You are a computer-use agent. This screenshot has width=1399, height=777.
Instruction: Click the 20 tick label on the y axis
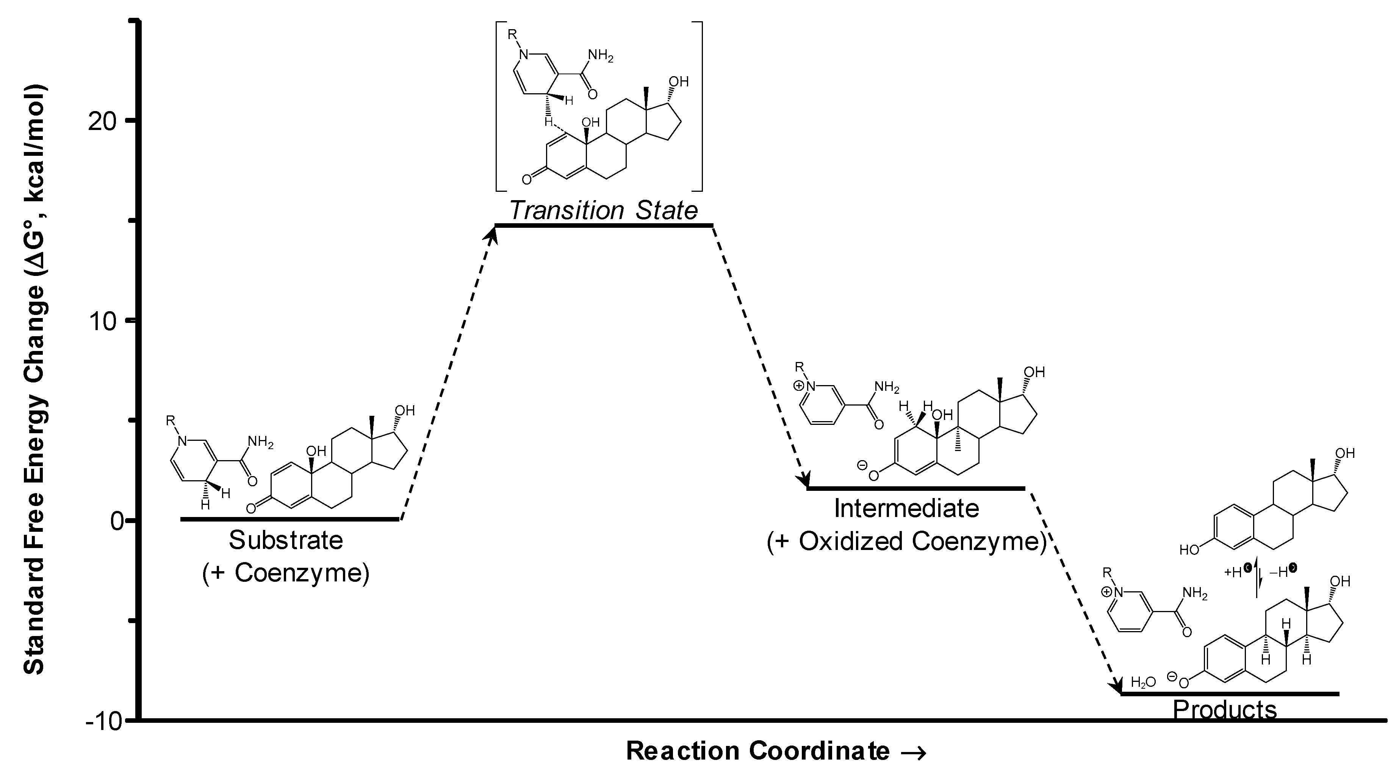[103, 121]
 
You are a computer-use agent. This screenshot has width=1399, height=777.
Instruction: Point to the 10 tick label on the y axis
[103, 321]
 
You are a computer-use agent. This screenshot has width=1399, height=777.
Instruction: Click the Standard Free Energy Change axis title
[35, 380]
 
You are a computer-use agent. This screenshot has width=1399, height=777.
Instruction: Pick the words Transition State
[603, 210]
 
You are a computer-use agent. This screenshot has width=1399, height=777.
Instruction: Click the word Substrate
[286, 540]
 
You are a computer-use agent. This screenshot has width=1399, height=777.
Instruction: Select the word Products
[1225, 710]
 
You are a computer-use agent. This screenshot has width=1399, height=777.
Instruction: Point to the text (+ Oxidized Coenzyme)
[906, 541]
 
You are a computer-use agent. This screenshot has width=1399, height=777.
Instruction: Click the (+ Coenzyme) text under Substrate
[286, 573]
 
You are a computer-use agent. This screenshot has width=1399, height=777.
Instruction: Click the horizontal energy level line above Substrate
[290, 519]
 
